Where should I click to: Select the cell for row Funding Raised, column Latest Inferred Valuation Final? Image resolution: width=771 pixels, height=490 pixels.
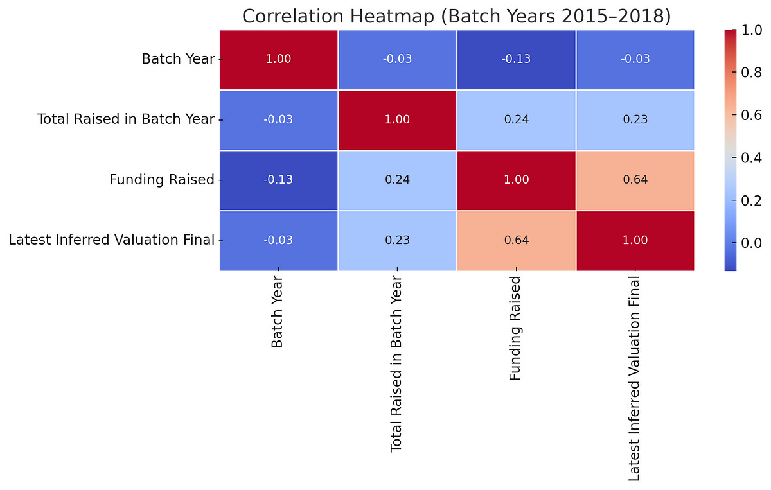pos(635,180)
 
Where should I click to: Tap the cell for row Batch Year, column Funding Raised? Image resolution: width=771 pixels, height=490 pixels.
pos(516,60)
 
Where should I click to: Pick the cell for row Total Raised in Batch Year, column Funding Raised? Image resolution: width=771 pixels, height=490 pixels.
pos(516,119)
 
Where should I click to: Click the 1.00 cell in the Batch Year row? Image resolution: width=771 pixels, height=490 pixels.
pos(278,60)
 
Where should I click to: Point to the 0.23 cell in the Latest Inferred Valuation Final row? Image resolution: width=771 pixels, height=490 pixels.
pos(397,240)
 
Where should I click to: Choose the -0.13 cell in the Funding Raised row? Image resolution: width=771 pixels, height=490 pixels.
pos(278,180)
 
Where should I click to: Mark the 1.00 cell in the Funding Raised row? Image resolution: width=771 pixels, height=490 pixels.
pos(516,180)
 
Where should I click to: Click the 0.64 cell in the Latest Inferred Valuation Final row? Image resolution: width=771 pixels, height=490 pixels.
pos(516,240)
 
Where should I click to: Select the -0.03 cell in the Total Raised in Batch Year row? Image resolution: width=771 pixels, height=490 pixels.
pos(278,119)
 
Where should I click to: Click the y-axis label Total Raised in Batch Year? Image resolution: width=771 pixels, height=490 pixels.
pos(126,119)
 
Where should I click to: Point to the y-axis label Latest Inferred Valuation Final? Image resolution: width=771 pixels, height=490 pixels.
pos(111,240)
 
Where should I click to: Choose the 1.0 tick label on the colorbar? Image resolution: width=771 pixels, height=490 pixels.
pos(749,30)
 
